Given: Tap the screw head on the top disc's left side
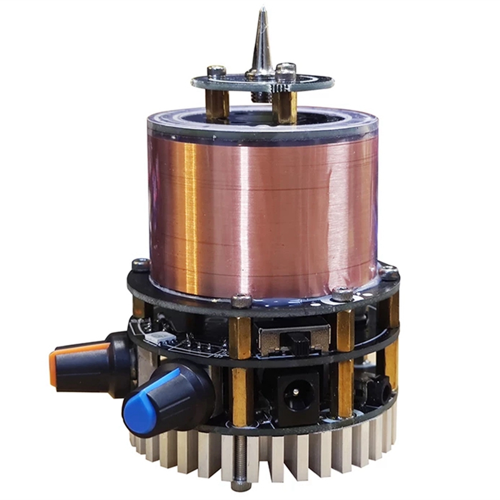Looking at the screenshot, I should tap(216, 71).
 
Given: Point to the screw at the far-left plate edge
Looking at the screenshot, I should tap(140, 265).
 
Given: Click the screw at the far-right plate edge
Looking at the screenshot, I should tap(389, 272).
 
